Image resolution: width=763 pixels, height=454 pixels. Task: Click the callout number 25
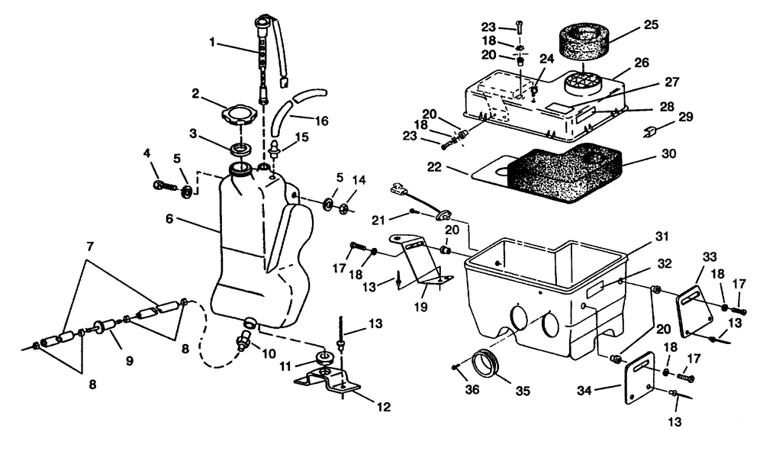point(651,25)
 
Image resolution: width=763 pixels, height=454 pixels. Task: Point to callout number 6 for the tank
point(169,219)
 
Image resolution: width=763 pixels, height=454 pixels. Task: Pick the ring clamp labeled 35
point(488,363)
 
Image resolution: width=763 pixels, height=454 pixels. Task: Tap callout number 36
point(472,389)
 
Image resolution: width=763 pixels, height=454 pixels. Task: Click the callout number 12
point(384,407)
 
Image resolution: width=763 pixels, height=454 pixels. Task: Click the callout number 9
point(130,361)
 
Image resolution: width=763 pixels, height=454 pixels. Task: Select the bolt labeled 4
point(166,185)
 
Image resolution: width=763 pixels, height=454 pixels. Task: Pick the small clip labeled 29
point(649,132)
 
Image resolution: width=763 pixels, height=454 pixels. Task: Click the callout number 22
point(434,167)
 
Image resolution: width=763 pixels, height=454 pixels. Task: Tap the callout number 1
point(212,42)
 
